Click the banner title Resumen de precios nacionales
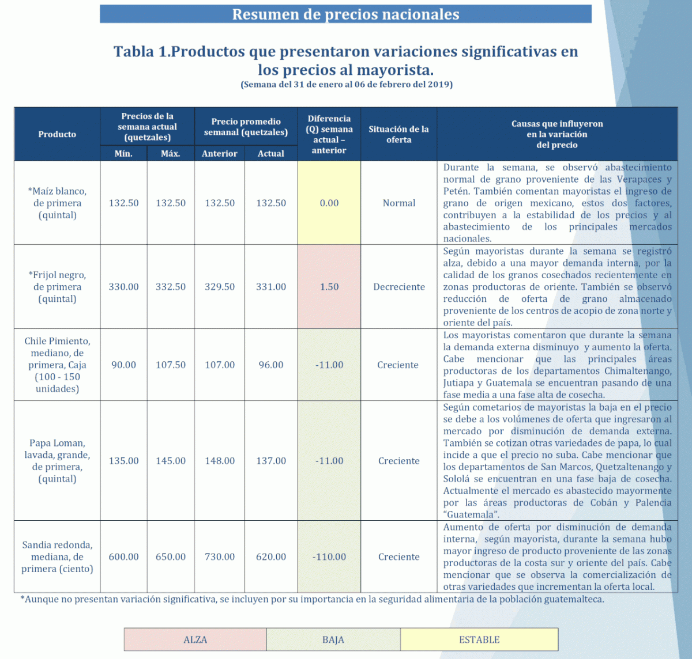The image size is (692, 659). [x=345, y=14]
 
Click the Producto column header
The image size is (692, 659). [x=57, y=134]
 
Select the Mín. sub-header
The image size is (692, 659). [x=123, y=154]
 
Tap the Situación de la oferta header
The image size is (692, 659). [x=398, y=134]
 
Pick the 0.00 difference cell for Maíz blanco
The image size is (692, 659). [x=329, y=203]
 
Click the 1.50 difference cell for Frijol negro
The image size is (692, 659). [x=329, y=287]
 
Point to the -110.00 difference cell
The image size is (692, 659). [x=329, y=557]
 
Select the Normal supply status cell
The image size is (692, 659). [x=398, y=203]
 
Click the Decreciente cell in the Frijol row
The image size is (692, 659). [x=398, y=287]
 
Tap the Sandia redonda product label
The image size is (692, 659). [x=57, y=556]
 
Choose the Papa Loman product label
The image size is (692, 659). [x=57, y=461]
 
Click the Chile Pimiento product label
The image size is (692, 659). [x=57, y=365]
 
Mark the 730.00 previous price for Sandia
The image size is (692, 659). [x=220, y=557]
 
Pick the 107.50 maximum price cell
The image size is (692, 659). [x=171, y=365]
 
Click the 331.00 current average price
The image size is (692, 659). [x=271, y=287]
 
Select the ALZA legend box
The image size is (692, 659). [x=195, y=640]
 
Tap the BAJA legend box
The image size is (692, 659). [x=333, y=640]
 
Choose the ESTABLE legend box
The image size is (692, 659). [x=479, y=640]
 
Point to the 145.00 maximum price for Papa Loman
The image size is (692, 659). [x=171, y=461]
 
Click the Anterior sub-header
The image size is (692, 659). [x=220, y=154]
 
